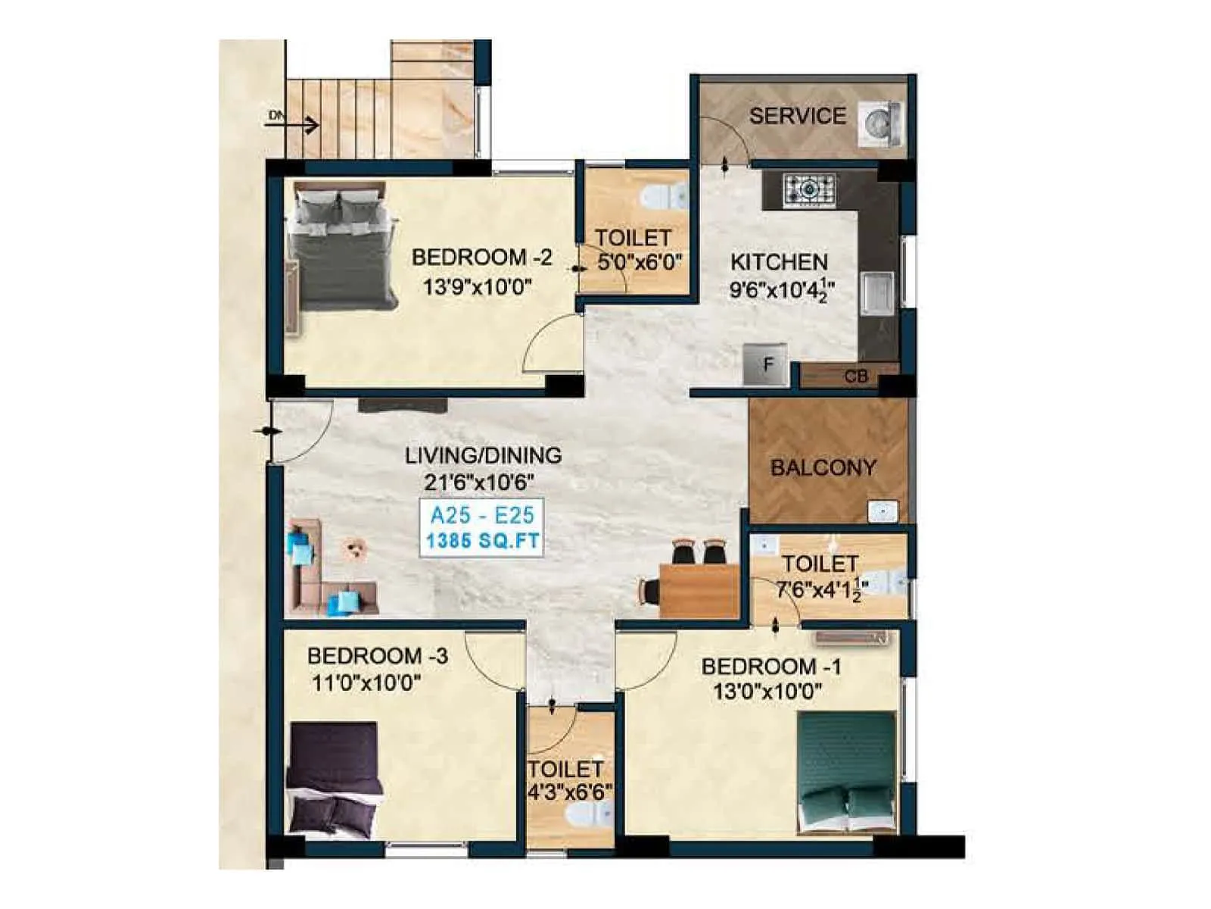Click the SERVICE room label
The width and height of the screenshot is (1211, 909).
(797, 116)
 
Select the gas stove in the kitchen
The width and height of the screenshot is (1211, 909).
(809, 189)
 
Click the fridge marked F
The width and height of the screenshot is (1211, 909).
(766, 366)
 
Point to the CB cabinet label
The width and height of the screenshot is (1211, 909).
(856, 376)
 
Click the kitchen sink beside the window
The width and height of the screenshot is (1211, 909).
(876, 292)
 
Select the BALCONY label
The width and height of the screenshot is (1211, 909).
(823, 467)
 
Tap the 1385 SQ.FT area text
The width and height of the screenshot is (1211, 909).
(482, 541)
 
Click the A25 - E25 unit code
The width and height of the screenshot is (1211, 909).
(482, 516)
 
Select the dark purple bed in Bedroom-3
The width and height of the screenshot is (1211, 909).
(333, 777)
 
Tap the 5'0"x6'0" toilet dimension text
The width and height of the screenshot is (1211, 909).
(639, 263)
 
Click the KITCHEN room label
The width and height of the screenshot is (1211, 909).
(779, 262)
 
